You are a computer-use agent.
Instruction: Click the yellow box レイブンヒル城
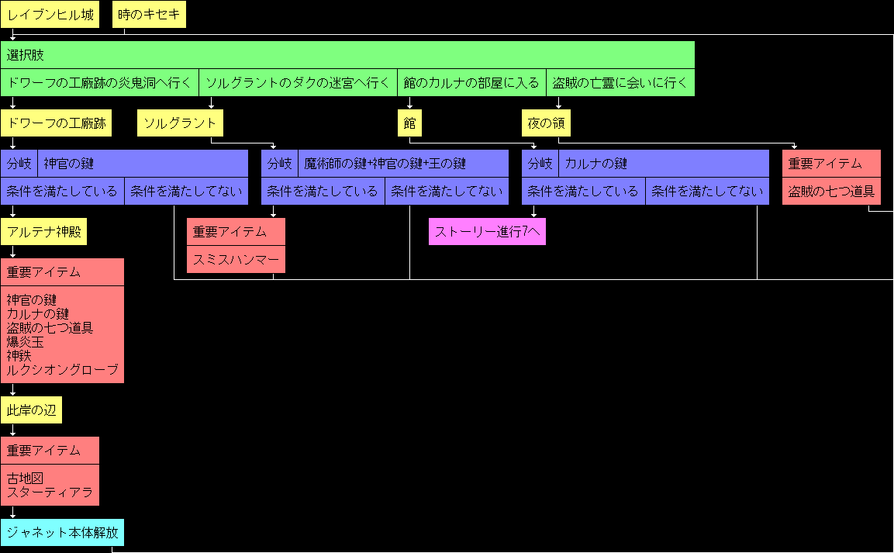point(50,15)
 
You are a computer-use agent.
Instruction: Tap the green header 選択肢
point(347,55)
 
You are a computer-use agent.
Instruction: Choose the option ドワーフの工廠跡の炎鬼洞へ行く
point(99,82)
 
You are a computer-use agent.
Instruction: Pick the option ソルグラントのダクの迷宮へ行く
point(298,82)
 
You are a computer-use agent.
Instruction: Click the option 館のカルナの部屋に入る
point(471,82)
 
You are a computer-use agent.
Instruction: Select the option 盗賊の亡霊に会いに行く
point(620,82)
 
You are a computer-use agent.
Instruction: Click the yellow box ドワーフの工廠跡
point(56,123)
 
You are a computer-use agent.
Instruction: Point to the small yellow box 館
point(409,123)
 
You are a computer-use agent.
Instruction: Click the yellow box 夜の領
point(546,123)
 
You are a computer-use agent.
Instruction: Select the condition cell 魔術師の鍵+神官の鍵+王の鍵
point(403,164)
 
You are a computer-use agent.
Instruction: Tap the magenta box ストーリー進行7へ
point(487,232)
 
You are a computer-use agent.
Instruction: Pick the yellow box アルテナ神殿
point(44,232)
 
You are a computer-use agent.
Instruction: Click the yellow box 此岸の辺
point(32,410)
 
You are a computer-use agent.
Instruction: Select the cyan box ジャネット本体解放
point(62,533)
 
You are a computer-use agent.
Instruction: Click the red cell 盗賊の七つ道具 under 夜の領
point(831,192)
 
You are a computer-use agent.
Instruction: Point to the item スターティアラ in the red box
point(50,492)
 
